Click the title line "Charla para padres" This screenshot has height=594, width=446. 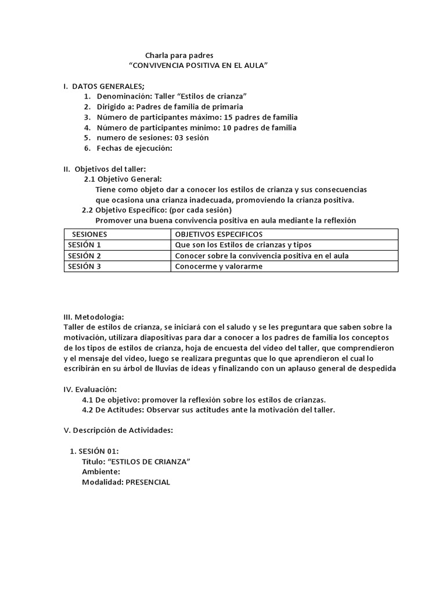[183, 56]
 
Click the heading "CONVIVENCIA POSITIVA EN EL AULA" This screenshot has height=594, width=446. [198, 66]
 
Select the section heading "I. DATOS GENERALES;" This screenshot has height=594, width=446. [104, 86]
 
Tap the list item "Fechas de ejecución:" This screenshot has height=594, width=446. [135, 148]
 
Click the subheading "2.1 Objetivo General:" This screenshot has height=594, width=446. [123, 179]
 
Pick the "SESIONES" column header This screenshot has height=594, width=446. [89, 234]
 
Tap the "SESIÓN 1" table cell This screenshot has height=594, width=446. [85, 245]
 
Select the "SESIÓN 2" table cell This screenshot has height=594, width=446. [85, 256]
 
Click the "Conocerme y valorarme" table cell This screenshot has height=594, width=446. [219, 267]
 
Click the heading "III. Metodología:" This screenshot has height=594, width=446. [93, 317]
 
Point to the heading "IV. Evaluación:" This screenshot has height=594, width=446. [90, 389]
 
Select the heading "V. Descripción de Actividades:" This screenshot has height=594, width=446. [118, 430]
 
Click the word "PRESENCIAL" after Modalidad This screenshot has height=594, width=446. [148, 483]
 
